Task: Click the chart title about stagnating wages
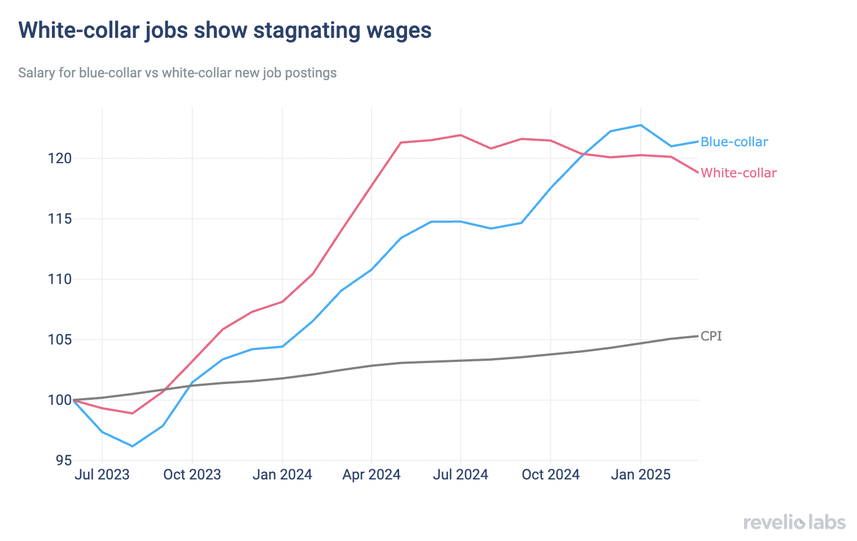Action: click(x=225, y=30)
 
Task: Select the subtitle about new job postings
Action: click(x=177, y=73)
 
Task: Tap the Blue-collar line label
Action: click(x=734, y=142)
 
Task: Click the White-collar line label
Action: click(x=738, y=173)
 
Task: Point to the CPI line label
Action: click(x=711, y=336)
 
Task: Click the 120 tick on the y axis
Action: click(x=60, y=158)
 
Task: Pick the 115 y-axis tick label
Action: click(x=60, y=219)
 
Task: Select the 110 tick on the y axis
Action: click(x=60, y=279)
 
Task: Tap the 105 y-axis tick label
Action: click(x=60, y=339)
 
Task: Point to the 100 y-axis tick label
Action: click(x=60, y=400)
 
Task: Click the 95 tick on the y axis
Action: click(x=64, y=461)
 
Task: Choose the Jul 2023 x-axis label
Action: click(x=102, y=474)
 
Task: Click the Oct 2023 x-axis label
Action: click(x=192, y=474)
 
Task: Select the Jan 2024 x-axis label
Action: click(x=282, y=474)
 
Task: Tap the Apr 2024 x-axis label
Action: click(x=371, y=474)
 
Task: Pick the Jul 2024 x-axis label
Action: click(x=461, y=474)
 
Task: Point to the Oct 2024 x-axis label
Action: click(x=550, y=474)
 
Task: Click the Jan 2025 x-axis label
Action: click(x=640, y=474)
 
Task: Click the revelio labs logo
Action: click(x=794, y=522)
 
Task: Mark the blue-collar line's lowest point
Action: click(x=133, y=446)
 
